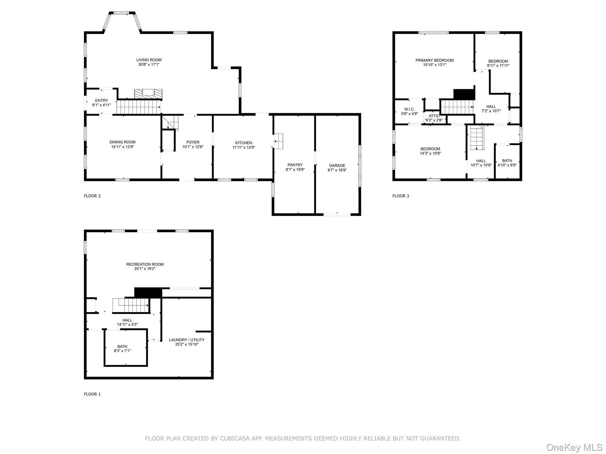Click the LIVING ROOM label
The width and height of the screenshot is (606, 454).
click(149, 60)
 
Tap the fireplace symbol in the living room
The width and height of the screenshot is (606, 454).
click(148, 94)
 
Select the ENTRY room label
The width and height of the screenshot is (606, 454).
click(101, 100)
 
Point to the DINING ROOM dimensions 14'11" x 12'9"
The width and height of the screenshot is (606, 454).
click(123, 147)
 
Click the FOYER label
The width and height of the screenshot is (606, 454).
click(193, 142)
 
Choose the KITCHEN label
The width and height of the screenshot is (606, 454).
click(244, 143)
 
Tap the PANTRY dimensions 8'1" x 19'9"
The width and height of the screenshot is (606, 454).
click(295, 170)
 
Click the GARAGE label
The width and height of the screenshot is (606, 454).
click(337, 166)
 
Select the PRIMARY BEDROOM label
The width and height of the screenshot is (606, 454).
click(434, 60)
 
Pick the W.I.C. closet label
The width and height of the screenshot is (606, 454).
click(410, 109)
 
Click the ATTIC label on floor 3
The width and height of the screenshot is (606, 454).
click(434, 116)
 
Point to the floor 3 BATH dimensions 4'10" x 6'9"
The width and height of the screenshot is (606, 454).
click(507, 165)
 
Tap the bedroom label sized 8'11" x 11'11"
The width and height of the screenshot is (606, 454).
click(498, 61)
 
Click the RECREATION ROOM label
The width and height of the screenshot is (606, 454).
click(145, 264)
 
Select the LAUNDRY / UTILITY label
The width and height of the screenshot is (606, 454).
click(187, 340)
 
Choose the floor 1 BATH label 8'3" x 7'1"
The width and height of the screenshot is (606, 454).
click(122, 346)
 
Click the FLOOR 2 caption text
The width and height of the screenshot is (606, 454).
click(92, 196)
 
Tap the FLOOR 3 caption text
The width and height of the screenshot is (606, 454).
click(401, 196)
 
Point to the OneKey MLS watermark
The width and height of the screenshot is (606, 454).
click(574, 447)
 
